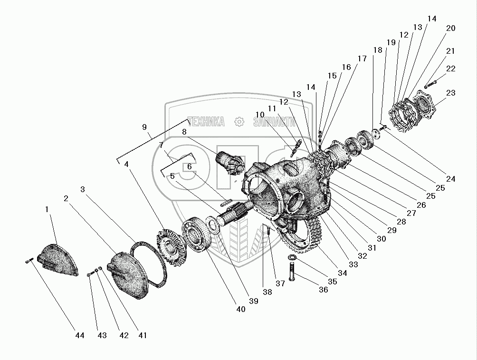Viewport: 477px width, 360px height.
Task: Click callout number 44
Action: coord(79,335)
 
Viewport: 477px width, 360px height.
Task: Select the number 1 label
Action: coord(47,209)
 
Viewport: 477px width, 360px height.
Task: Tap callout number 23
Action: coord(450,93)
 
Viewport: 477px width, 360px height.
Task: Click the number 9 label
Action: coord(144,127)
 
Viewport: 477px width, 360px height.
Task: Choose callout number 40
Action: coord(241,309)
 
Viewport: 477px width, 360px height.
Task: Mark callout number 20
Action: coord(450,29)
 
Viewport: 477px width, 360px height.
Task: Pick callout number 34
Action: coord(343,273)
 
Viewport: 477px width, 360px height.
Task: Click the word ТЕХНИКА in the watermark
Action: coord(206,122)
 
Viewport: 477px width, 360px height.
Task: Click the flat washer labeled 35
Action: coord(292,258)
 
